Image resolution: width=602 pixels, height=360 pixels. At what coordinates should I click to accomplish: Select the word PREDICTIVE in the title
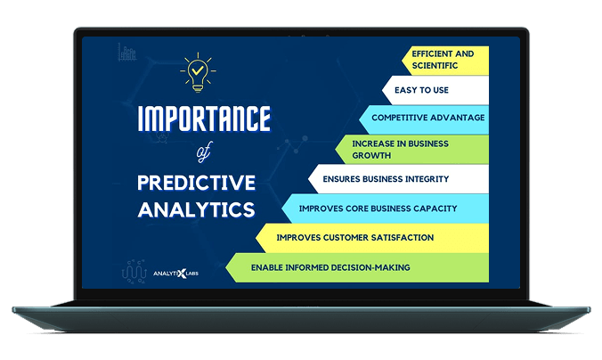(x=196, y=183)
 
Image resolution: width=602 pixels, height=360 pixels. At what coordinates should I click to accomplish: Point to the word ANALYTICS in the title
(x=196, y=209)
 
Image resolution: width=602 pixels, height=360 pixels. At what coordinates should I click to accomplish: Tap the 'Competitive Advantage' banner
(x=427, y=118)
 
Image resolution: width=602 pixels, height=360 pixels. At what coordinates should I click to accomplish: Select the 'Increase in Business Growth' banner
(x=414, y=149)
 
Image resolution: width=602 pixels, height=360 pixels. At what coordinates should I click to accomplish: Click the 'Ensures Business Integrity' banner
(x=398, y=178)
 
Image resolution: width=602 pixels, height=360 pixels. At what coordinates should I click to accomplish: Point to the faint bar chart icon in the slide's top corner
(x=126, y=53)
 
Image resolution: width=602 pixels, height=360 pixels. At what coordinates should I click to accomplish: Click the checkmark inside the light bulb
(x=197, y=68)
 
